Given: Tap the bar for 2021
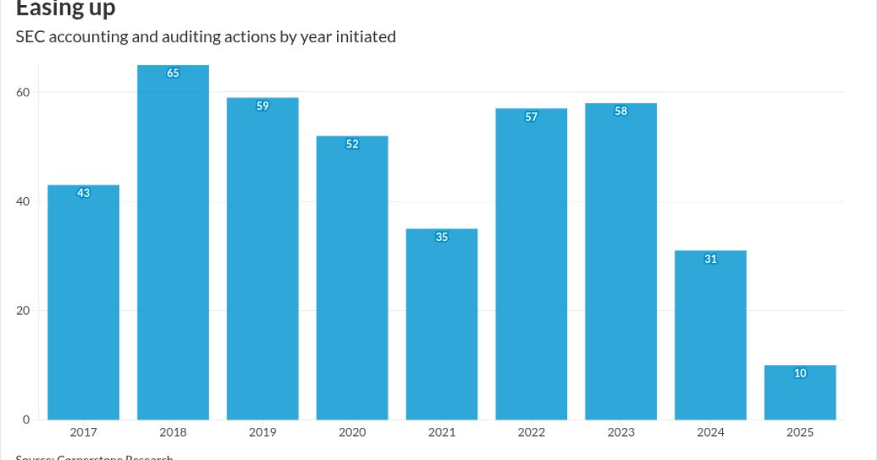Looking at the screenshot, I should pos(441,324).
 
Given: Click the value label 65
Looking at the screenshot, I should pos(173,73).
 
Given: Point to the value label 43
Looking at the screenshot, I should pos(83,193).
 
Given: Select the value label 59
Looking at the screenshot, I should pos(262,106).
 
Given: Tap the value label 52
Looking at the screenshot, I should pos(352,145).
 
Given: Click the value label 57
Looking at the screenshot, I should pos(531,117).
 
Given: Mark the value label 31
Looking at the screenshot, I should pos(710,259).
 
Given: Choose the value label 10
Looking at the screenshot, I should pos(800,373).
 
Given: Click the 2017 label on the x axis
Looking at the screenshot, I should pos(83,432).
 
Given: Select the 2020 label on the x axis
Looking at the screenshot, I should pos(352,432).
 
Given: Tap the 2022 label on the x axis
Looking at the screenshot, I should pos(531,432).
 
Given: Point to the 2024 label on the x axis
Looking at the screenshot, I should pos(710,432).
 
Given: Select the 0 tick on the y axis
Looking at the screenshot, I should pos(26,420).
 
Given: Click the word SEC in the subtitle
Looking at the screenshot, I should pos(30,37).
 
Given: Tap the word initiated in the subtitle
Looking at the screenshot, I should pos(365,37).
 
